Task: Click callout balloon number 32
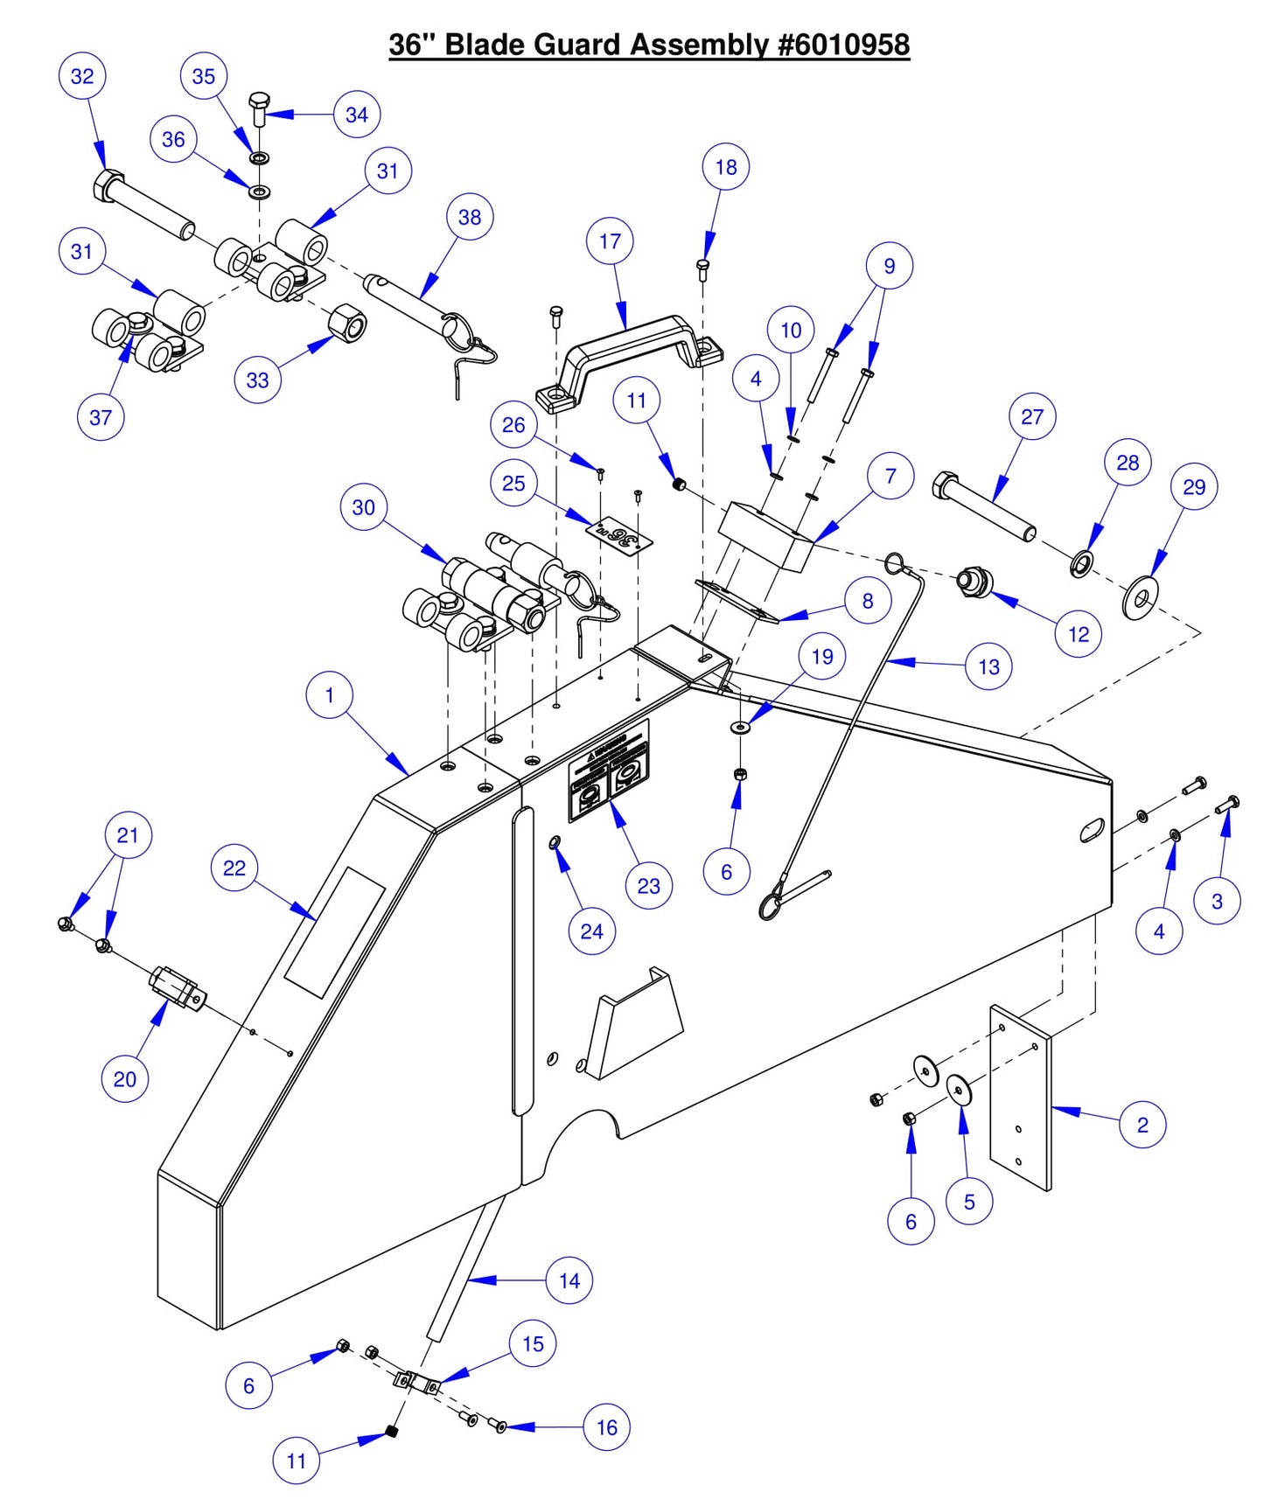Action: pos(81,76)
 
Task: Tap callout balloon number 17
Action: pos(610,241)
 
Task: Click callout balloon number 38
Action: pos(469,217)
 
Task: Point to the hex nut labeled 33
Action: pos(347,324)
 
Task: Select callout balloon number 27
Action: pos(1032,416)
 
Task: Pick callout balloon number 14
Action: pos(569,1280)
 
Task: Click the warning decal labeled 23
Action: pos(610,772)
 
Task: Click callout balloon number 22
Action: pos(234,868)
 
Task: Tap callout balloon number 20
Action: pos(125,1078)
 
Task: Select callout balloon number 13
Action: pos(988,666)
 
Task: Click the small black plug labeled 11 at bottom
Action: pos(392,1432)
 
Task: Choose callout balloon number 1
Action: pos(330,695)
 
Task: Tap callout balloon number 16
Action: pos(606,1427)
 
